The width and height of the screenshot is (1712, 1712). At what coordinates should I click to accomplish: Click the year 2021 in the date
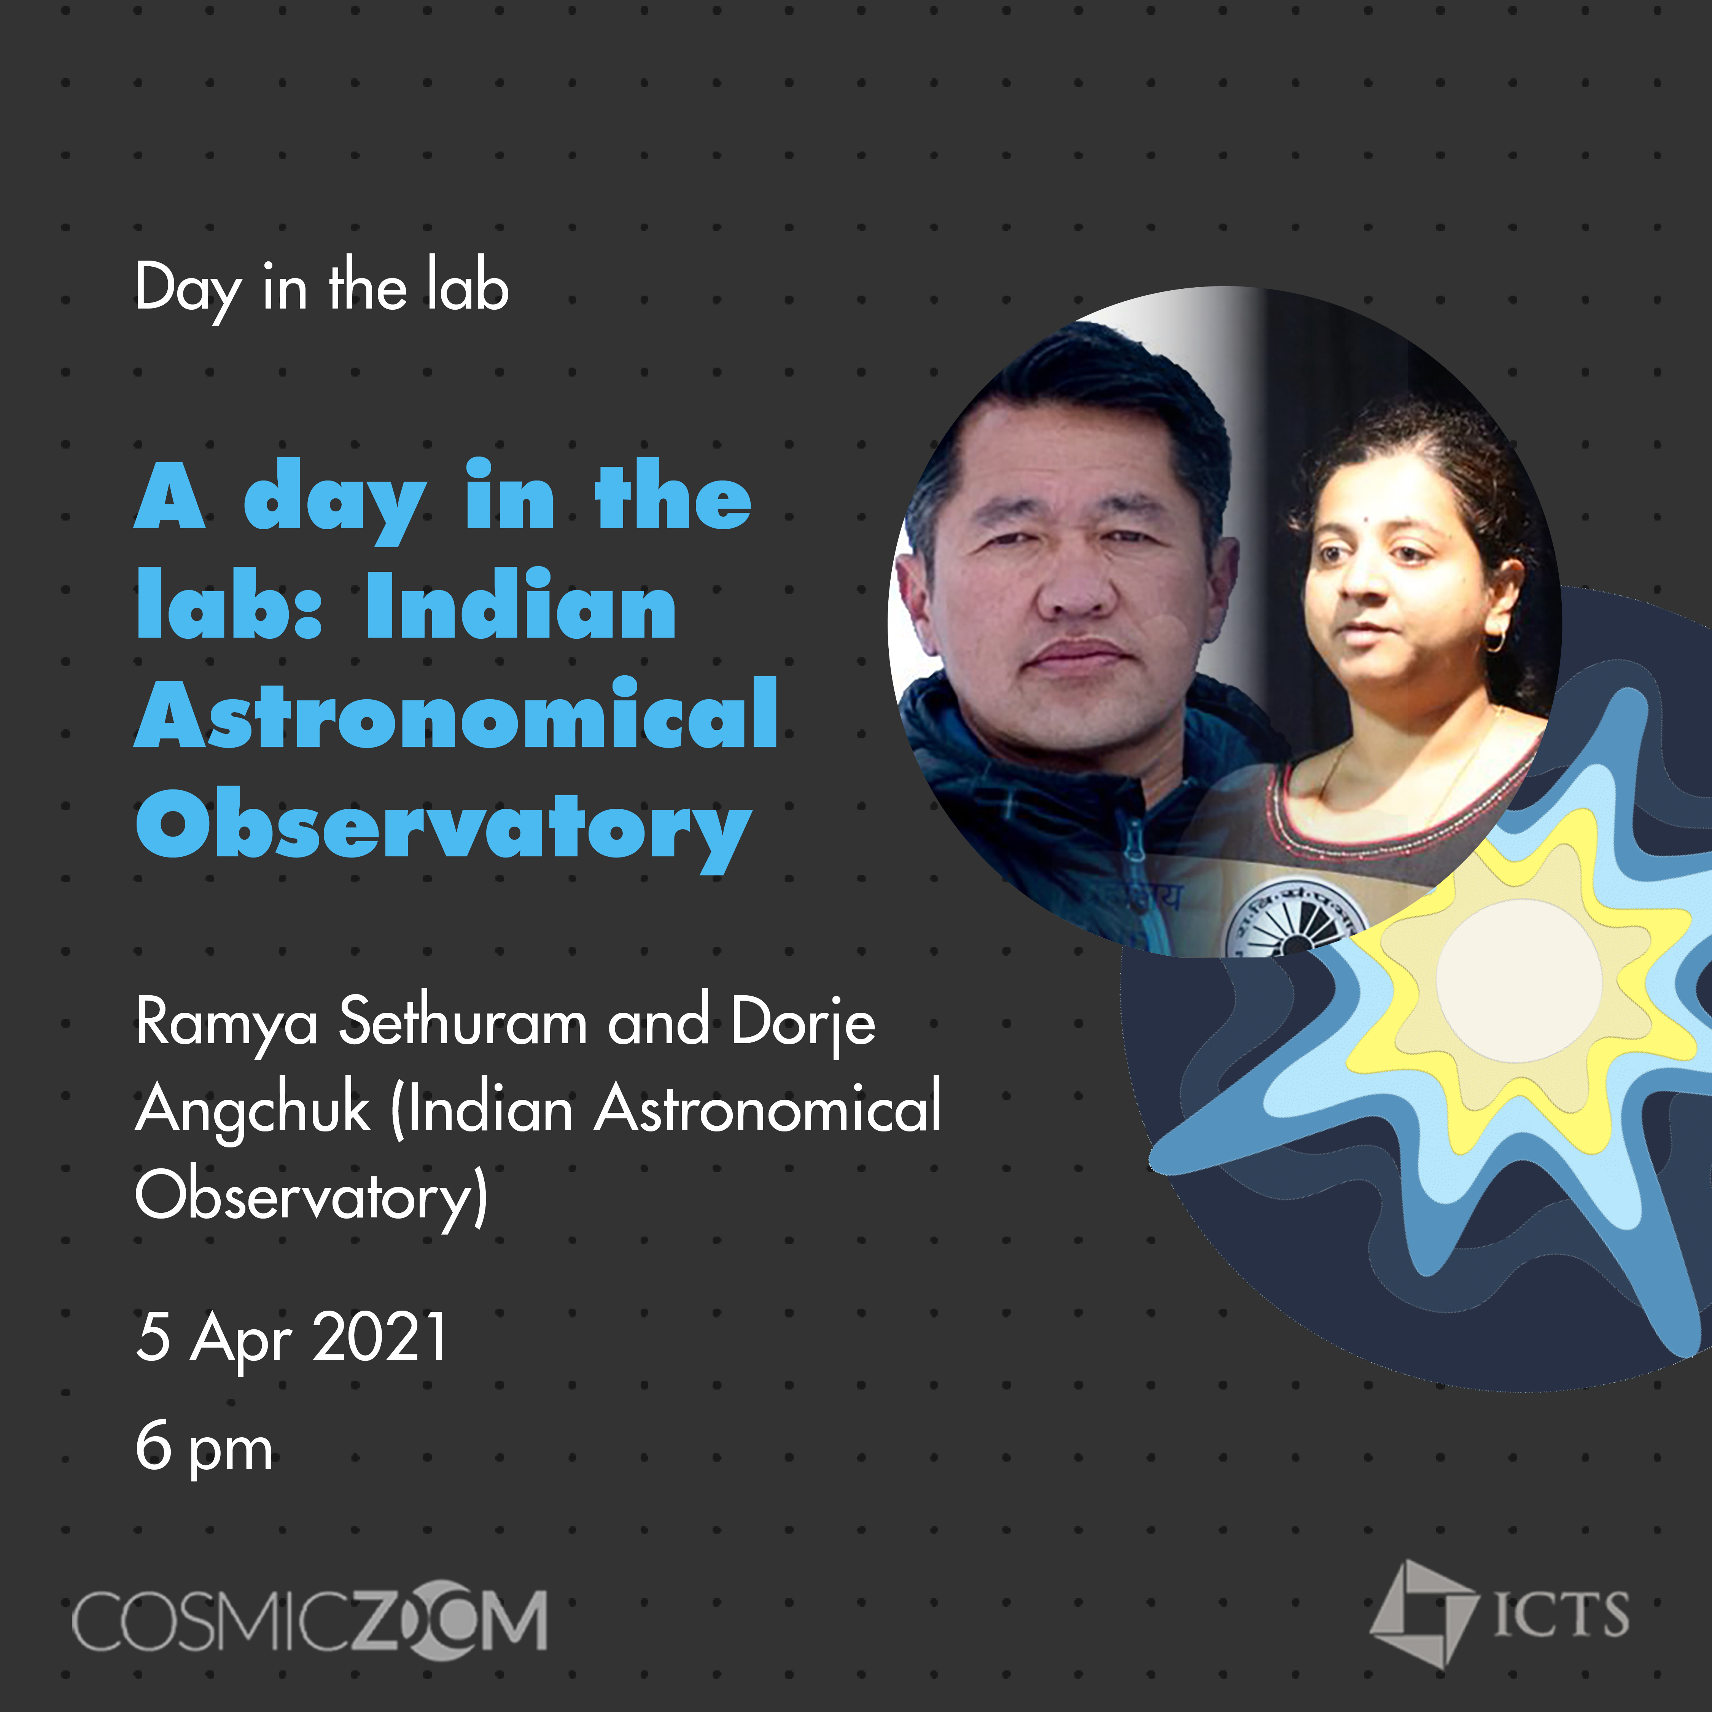380,1337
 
